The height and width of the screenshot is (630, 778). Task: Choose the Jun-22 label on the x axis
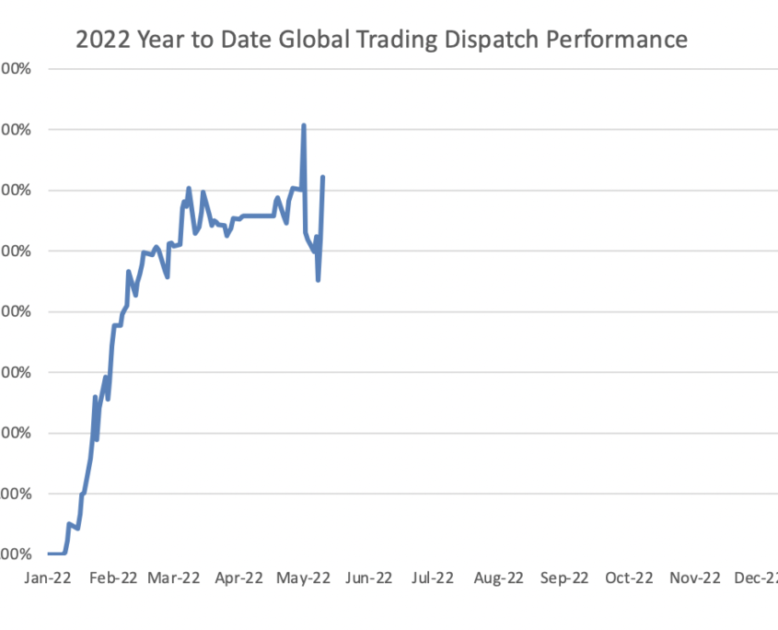[367, 578]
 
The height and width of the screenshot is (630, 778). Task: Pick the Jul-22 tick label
[432, 578]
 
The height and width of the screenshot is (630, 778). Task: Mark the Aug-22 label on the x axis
[498, 578]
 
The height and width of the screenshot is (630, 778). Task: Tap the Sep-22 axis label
[563, 578]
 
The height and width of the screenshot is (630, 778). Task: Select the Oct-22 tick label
[628, 578]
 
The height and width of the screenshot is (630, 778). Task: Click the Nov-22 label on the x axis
[693, 578]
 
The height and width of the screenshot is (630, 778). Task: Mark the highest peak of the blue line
[304, 125]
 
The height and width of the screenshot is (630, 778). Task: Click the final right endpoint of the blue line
[323, 177]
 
